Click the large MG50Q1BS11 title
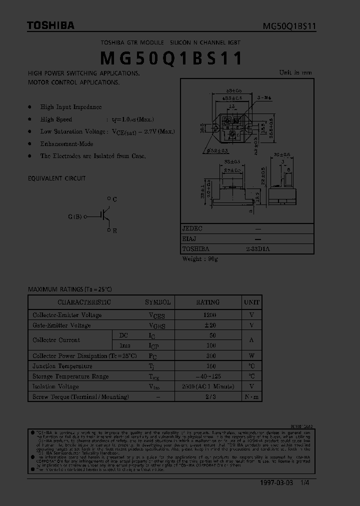(x=171, y=58)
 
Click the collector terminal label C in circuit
(x=114, y=199)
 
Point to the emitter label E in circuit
(x=114, y=231)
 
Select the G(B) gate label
(x=74, y=216)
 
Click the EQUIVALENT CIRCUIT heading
(x=56, y=178)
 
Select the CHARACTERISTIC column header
(x=84, y=302)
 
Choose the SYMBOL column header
(x=157, y=302)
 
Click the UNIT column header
(x=251, y=302)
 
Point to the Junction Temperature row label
(x=62, y=366)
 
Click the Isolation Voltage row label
(x=55, y=386)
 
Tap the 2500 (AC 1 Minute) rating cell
(x=207, y=386)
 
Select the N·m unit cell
(x=251, y=396)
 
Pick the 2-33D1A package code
(x=258, y=248)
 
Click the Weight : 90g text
(x=199, y=259)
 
